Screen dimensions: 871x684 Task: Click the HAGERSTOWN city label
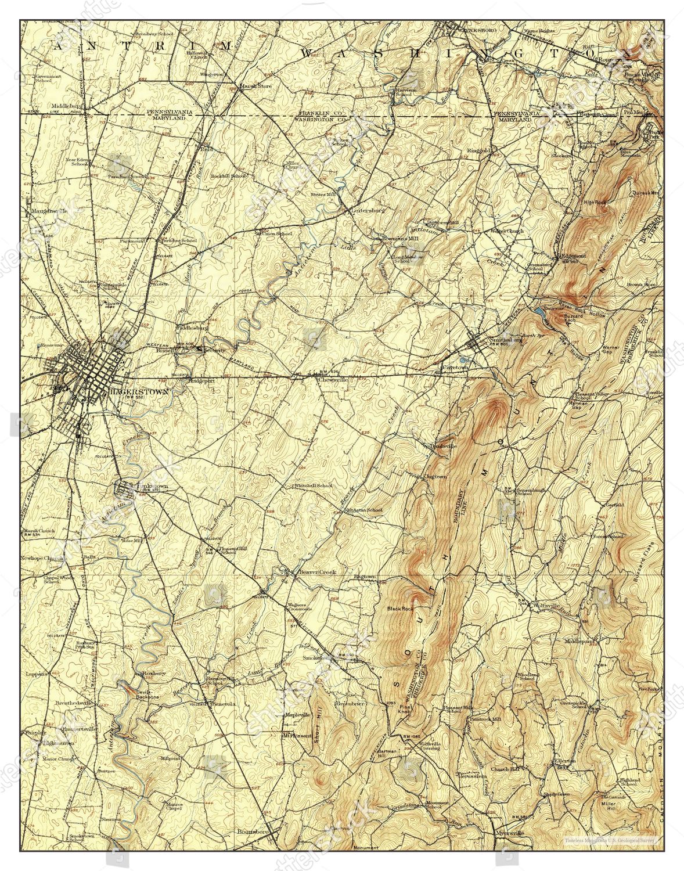point(138,392)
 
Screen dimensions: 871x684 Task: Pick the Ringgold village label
point(480,150)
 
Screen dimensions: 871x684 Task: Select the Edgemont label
point(571,255)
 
